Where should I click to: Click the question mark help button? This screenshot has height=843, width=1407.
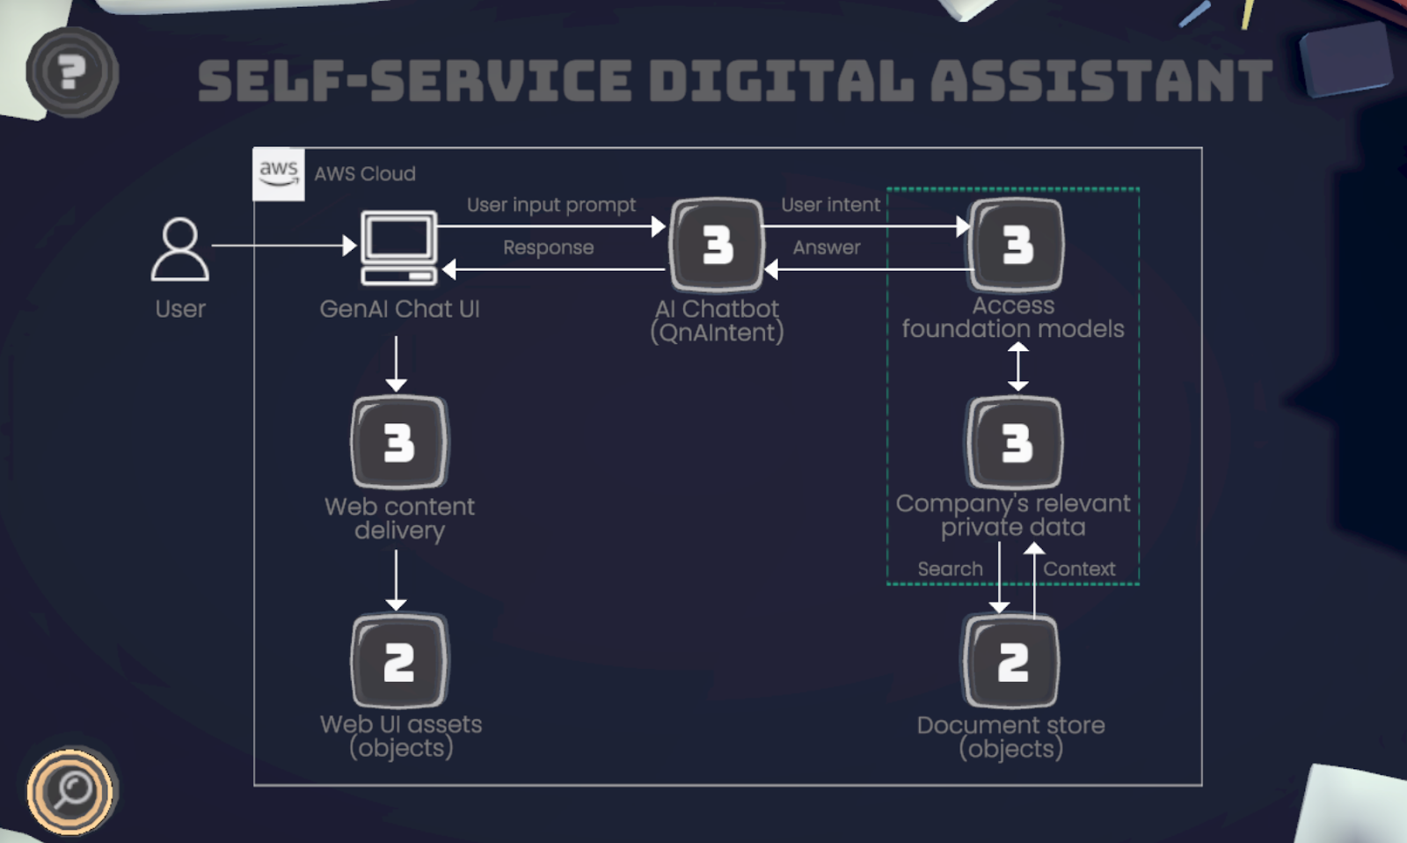tap(72, 72)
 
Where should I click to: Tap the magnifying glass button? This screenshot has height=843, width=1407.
tap(70, 790)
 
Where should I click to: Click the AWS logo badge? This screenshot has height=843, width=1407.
tap(279, 173)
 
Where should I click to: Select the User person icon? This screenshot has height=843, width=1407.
tap(180, 250)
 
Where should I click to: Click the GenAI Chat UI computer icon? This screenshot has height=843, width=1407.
tap(399, 248)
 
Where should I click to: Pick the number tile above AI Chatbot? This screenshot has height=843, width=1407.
tap(717, 245)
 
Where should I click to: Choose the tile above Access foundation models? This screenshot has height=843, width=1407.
tap(1016, 245)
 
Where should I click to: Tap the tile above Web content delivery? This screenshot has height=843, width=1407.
tap(399, 442)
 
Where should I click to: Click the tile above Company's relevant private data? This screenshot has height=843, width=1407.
tap(1015, 442)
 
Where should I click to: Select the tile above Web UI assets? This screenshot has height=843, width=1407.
tap(399, 661)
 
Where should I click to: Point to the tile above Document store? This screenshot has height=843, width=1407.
tap(1012, 661)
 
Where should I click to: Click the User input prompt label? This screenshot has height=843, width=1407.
tap(551, 205)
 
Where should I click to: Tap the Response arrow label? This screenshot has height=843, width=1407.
tap(548, 248)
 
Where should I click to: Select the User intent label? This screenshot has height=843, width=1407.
tap(830, 205)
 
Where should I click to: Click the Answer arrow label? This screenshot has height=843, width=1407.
tap(827, 248)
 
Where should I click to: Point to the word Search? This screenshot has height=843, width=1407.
tap(950, 569)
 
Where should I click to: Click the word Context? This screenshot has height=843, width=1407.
tap(1079, 569)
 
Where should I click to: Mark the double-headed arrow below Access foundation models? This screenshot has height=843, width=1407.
tap(1017, 366)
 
